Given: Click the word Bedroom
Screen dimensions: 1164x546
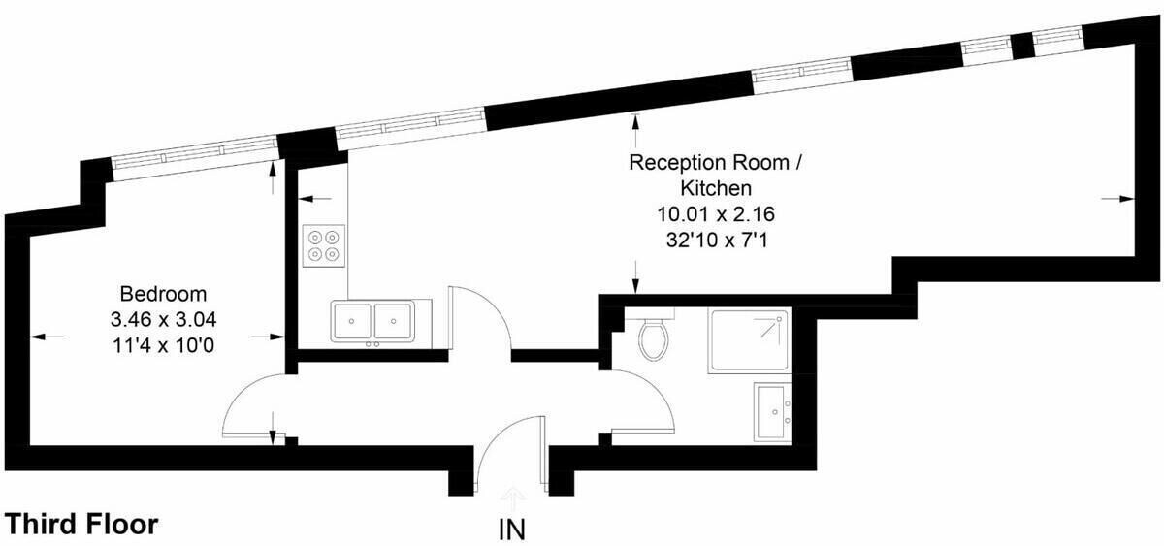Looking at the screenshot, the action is point(163,294).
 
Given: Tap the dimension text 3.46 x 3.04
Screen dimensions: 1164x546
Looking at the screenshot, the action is point(163,319).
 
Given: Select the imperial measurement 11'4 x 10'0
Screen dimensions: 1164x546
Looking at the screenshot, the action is point(163,345).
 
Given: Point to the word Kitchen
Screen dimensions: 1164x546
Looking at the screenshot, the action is point(716,188).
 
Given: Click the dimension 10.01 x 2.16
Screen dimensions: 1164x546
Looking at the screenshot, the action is point(716,214).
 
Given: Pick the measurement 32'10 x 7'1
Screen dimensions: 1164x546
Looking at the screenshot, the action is point(716,240).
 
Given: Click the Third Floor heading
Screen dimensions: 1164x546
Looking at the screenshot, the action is point(81,524).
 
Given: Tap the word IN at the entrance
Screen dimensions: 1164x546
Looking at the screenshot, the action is point(512,530).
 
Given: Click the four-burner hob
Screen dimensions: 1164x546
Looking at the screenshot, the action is point(324,245).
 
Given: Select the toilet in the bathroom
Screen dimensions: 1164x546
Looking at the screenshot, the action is point(654,338).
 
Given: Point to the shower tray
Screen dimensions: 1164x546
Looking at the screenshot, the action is point(749,340).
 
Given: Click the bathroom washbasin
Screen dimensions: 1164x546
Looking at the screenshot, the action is point(773,412).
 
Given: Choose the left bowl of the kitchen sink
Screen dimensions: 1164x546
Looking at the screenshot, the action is point(352,322).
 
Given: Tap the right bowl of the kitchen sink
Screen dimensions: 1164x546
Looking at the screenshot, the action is point(394,322).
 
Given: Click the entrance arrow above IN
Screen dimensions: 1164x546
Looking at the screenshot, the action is point(513,497).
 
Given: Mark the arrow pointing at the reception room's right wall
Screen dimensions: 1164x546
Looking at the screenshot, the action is point(1116,199).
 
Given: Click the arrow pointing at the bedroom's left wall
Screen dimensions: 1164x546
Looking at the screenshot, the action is point(47,337).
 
